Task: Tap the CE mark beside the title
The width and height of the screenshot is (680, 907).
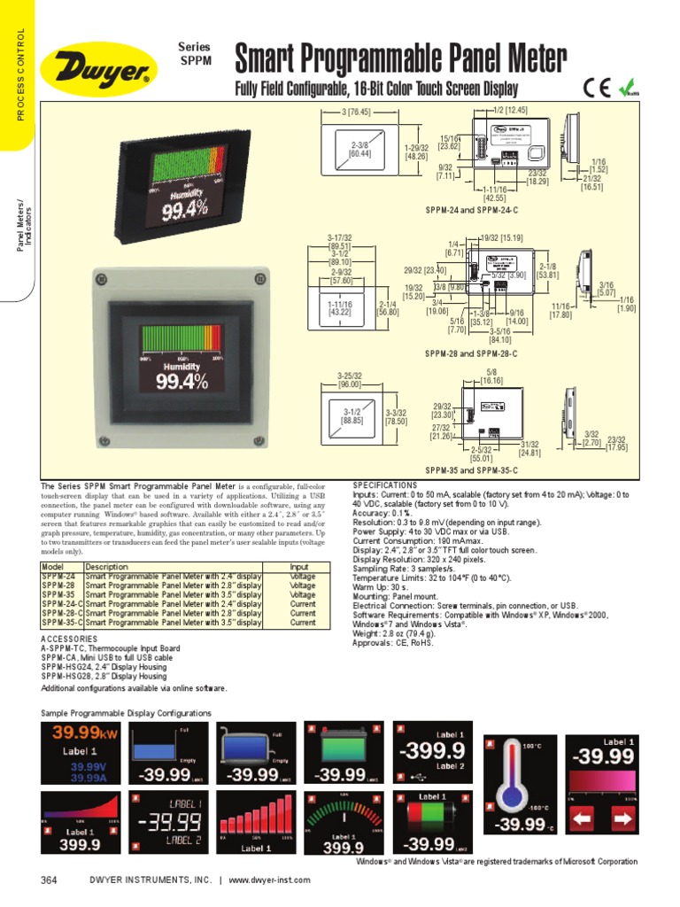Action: point(596,88)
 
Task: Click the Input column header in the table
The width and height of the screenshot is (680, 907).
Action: point(302,567)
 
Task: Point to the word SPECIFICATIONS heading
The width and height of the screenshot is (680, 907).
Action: point(384,485)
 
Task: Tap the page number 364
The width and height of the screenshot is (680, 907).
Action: point(49,880)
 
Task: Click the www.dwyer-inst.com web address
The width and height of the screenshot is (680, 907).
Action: point(269,880)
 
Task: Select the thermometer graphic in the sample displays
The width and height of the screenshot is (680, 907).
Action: point(513,788)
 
